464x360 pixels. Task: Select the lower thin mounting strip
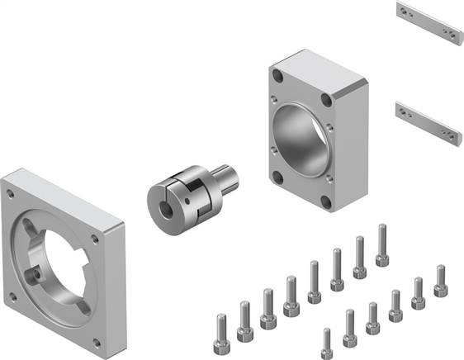click(427, 121)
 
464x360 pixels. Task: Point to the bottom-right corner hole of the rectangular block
click(327, 201)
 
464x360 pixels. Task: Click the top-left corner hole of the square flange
click(10, 193)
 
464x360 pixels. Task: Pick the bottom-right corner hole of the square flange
click(97, 340)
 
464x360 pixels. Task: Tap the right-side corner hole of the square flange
click(96, 241)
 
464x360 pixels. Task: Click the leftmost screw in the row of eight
click(221, 328)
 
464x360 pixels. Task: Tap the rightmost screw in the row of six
click(440, 282)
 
